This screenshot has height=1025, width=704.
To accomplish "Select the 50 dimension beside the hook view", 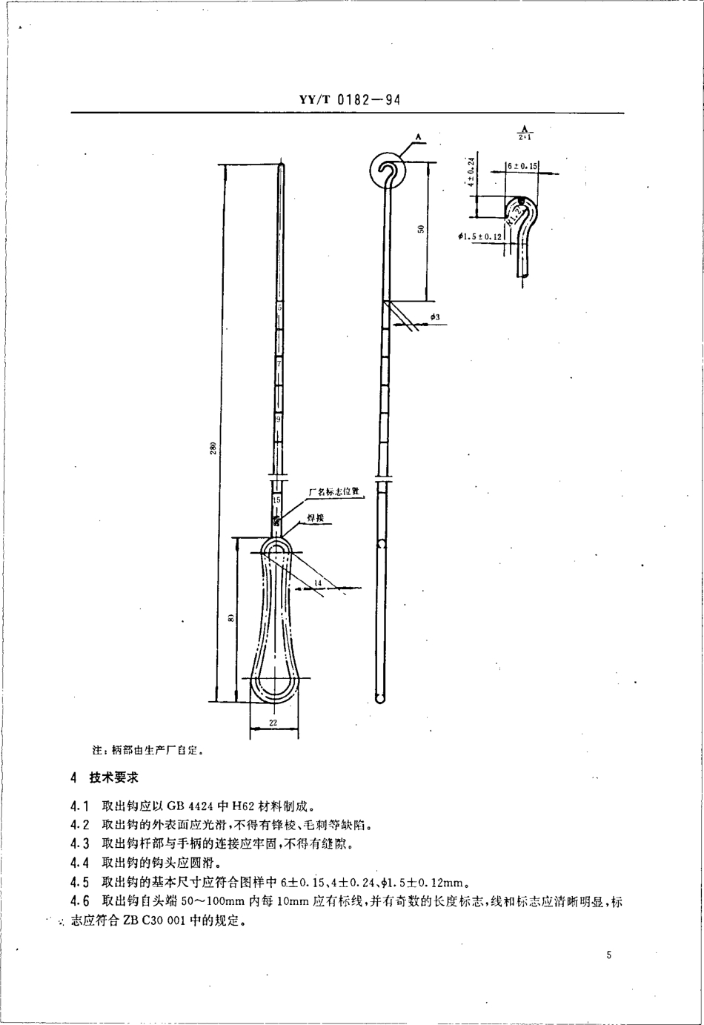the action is point(420,230).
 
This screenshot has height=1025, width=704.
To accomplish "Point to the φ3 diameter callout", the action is point(435,317).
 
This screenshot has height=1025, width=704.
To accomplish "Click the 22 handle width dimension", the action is point(273,723).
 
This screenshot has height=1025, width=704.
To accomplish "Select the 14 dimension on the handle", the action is point(317,583).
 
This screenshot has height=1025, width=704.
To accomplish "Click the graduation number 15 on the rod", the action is point(276,501).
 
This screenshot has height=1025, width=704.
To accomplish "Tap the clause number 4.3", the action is point(79,843).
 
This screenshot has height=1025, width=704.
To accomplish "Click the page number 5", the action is point(608,956).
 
